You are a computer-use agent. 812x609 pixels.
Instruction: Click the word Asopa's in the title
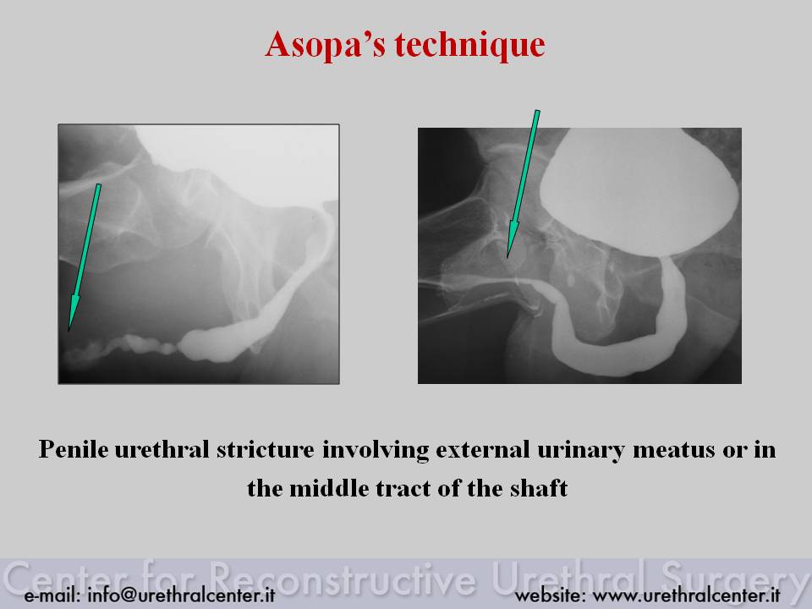pos(325,44)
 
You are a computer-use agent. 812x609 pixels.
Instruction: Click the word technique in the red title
pos(469,45)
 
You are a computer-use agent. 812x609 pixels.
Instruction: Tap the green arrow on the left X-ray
pos(85,257)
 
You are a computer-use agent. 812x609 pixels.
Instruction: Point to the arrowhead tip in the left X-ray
pos(69,331)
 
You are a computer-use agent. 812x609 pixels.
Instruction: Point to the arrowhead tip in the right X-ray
pos(507,257)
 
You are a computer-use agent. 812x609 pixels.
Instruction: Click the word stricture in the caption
pos(265,449)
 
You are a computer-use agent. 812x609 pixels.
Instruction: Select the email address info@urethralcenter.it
pos(181,595)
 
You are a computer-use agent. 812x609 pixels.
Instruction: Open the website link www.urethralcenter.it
pos(686,595)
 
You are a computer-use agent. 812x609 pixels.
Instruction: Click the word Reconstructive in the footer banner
pos(343,578)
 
